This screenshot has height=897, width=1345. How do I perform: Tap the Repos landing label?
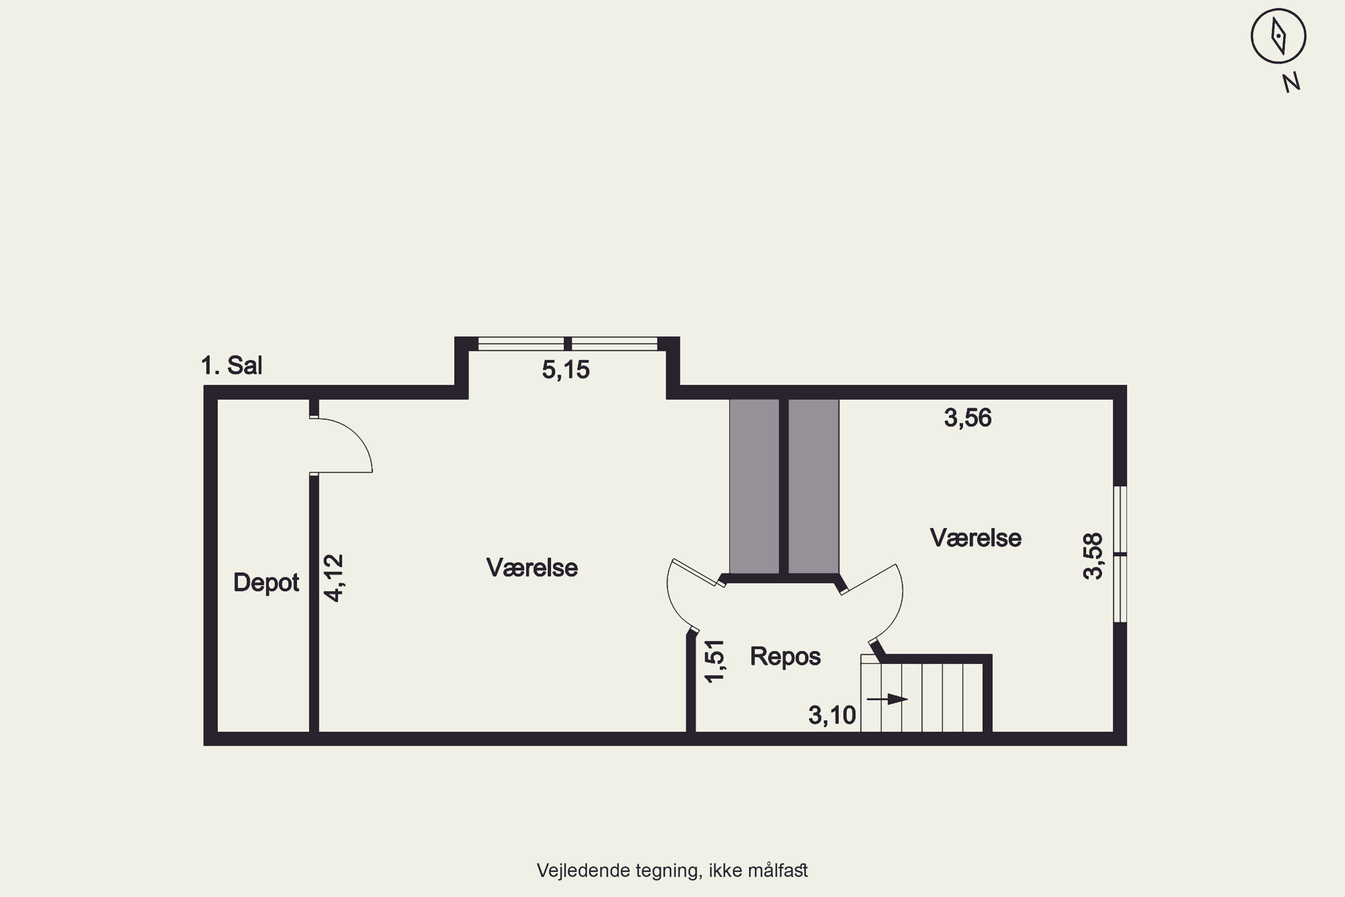click(785, 657)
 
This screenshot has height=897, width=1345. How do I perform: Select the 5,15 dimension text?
click(565, 370)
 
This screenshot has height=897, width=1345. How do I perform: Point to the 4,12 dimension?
click(334, 578)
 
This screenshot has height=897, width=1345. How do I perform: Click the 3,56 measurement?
click(968, 418)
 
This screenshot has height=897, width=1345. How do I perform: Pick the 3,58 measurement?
click(1093, 556)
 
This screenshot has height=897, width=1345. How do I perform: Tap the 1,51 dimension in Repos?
click(715, 661)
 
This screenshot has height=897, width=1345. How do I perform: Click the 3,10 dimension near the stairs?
click(832, 715)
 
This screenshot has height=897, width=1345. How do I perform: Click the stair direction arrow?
click(887, 699)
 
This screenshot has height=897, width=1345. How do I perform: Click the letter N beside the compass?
click(1291, 83)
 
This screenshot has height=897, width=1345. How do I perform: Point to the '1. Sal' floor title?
click(232, 366)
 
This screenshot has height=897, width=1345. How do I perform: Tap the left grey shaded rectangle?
click(754, 486)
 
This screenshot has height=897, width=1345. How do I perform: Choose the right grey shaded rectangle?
click(814, 486)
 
